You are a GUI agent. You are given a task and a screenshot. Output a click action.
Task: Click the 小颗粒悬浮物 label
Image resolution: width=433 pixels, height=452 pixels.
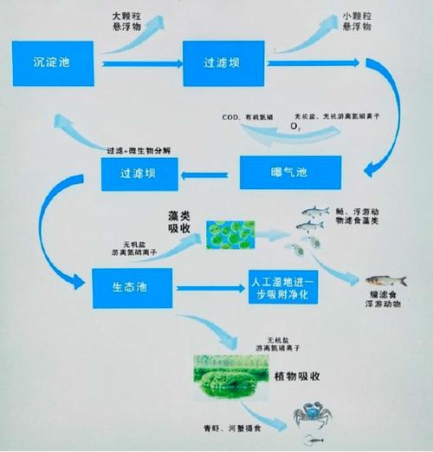pos(358,21)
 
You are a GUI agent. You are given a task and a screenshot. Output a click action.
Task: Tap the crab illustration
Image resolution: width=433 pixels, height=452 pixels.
pos(310,415)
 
